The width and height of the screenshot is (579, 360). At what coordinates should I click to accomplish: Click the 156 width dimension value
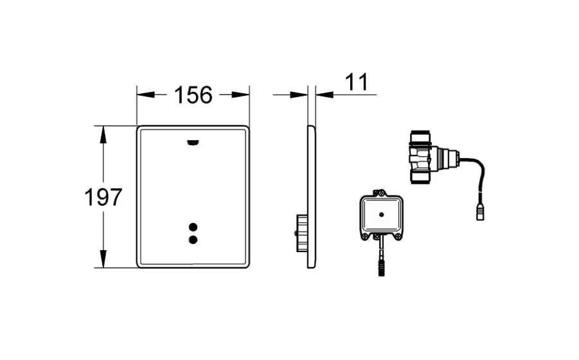pyautogui.click(x=193, y=95)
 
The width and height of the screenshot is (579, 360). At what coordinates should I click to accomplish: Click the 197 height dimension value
pyautogui.click(x=103, y=197)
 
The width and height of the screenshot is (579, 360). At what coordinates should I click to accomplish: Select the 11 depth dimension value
pyautogui.click(x=357, y=82)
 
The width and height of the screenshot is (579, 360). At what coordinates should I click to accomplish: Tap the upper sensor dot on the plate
pyautogui.click(x=193, y=227)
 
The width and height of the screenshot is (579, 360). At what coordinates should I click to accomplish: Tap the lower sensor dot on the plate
pyautogui.click(x=193, y=240)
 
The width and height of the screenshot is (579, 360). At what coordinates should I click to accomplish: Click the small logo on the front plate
pyautogui.click(x=193, y=143)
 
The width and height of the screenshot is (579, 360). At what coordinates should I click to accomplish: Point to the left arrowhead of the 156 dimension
pyautogui.click(x=146, y=95)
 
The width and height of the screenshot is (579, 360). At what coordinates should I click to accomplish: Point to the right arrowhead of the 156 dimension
pyautogui.click(x=240, y=95)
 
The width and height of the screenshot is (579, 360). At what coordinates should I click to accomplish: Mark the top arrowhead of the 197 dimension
pyautogui.click(x=103, y=135)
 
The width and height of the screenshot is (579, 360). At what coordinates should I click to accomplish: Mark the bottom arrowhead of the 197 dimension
pyautogui.click(x=103, y=259)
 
